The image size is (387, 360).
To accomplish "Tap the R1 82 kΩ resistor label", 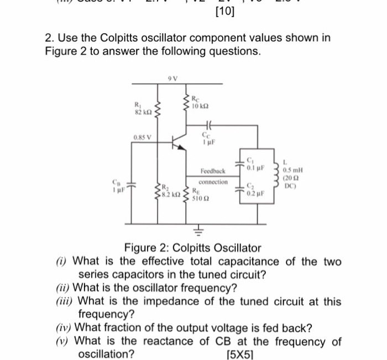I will (139, 109).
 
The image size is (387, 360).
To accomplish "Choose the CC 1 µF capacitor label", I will (207, 137).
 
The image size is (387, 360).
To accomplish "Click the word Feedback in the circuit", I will (213, 172).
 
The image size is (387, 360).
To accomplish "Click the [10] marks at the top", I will (223, 11).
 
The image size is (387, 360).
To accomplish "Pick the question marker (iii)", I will (67, 301).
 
